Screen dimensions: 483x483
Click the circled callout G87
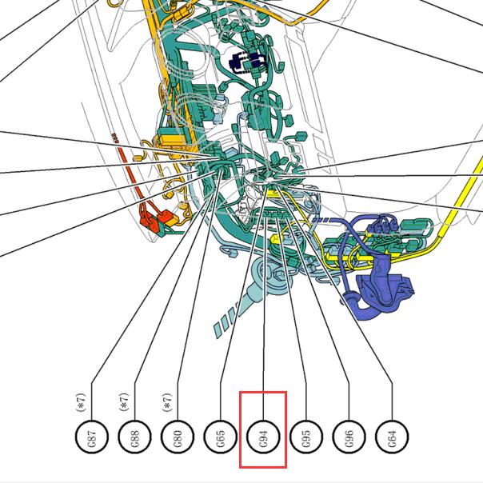point(92,437)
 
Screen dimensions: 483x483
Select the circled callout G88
point(134,437)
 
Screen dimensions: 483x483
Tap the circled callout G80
point(178,437)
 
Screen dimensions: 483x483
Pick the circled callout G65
point(220,437)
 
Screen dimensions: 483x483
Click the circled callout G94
point(263,437)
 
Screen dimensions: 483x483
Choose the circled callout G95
point(306,437)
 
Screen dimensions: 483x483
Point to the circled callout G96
point(349,437)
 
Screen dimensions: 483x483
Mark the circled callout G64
point(392,437)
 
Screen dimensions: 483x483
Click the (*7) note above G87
point(81,402)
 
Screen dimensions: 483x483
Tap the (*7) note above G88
point(124,402)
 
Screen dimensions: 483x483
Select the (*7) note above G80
point(166,402)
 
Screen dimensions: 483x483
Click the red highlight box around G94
point(240,429)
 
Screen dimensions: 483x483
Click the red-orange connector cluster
point(158,220)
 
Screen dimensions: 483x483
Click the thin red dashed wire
point(130,173)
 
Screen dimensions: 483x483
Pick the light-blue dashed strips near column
point(227,321)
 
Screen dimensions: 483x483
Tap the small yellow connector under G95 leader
point(275,239)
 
